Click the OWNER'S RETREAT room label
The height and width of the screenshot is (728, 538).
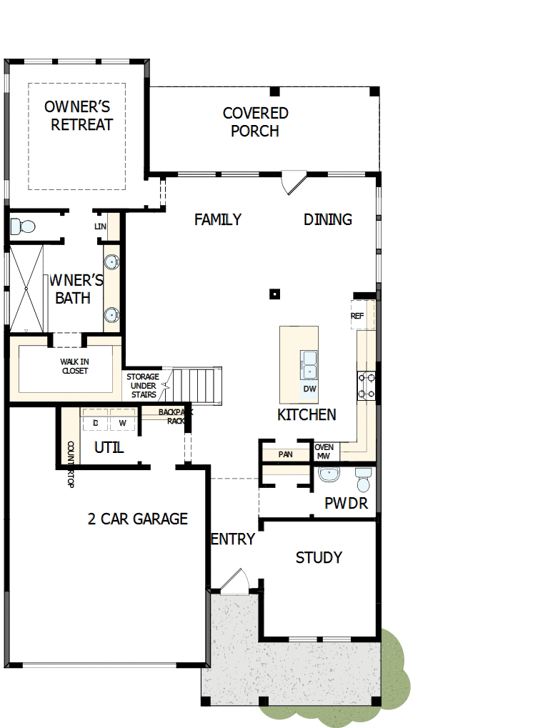[x=78, y=116]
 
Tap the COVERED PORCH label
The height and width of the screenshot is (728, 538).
[x=255, y=122]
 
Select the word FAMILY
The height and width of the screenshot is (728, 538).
[x=218, y=219]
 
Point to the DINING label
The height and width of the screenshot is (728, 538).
[x=328, y=219]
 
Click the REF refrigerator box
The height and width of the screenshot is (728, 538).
[x=357, y=316]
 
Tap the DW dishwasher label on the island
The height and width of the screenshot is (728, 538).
[x=309, y=389]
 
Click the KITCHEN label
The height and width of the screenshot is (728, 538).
[x=307, y=415]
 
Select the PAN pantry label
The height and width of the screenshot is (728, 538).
[x=285, y=454]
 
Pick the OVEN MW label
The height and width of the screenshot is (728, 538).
[x=324, y=451]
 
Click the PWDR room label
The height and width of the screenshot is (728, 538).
[x=346, y=504]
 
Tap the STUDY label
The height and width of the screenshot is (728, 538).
[x=319, y=557]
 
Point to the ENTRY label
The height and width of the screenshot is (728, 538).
[x=233, y=539]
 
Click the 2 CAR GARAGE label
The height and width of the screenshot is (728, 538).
[x=137, y=519]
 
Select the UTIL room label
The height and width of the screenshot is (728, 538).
[x=109, y=448]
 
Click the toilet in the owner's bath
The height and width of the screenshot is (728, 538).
[x=23, y=227]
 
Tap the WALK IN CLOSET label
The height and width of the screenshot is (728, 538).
[x=75, y=367]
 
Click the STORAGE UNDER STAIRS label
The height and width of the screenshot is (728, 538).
[x=144, y=385]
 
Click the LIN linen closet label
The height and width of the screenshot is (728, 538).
[x=100, y=226]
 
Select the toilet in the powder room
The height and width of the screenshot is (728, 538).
[x=363, y=480]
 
